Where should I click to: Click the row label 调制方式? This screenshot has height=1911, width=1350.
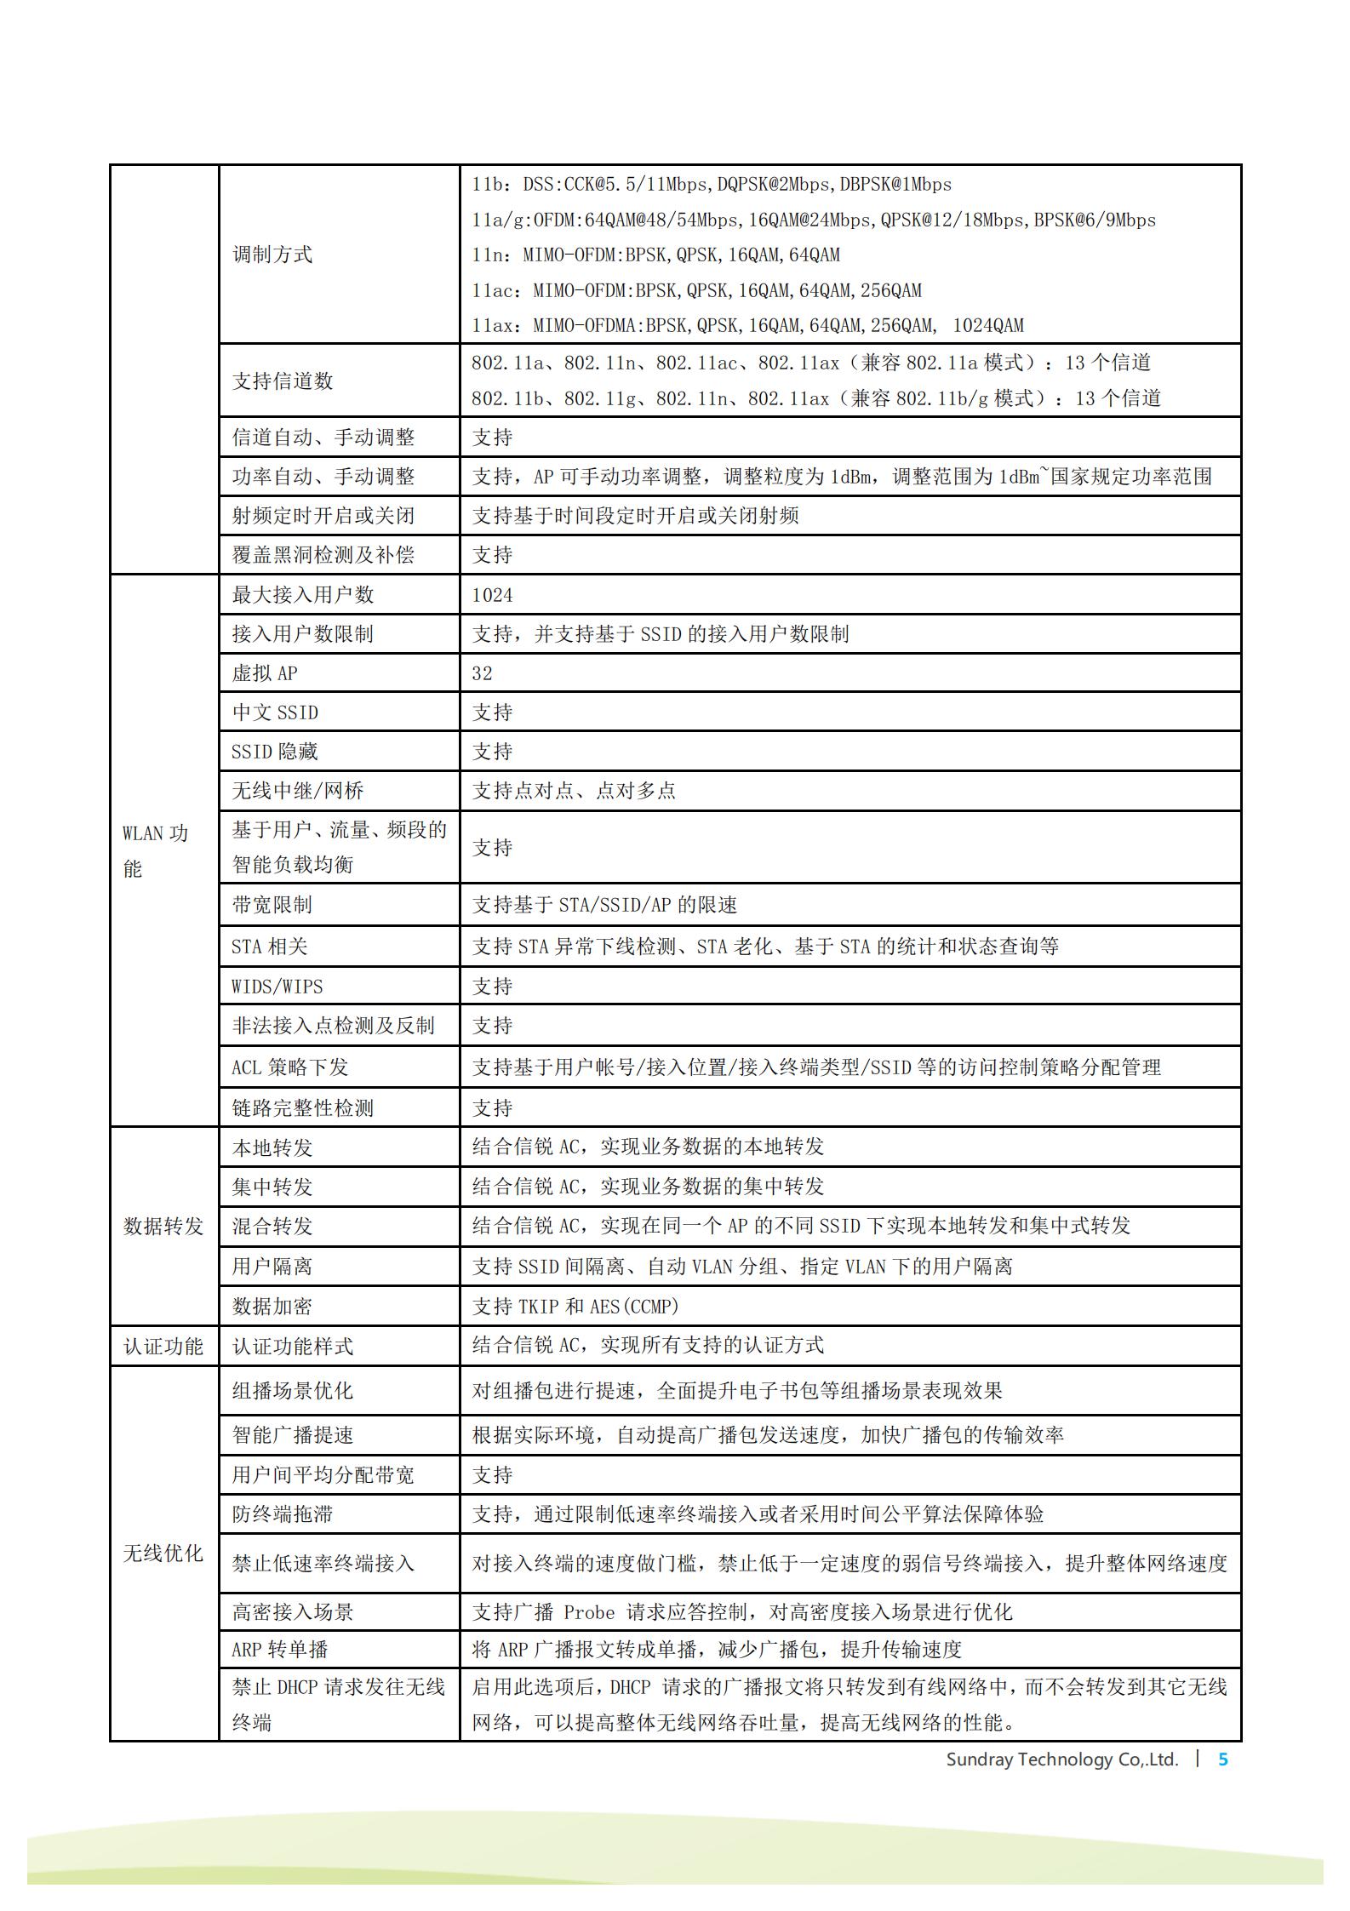[272, 255]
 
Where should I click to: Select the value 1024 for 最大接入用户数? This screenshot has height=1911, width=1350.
[492, 595]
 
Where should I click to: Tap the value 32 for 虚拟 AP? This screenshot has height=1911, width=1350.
[482, 673]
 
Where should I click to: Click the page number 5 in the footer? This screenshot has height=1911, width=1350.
[1223, 1759]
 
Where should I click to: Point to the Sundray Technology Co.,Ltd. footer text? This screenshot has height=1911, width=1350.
[1061, 1759]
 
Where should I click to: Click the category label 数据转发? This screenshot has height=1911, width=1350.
[163, 1227]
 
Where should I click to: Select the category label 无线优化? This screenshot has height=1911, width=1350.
[163, 1553]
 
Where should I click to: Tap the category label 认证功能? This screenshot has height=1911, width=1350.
[163, 1347]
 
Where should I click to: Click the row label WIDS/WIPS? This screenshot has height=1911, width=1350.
[277, 987]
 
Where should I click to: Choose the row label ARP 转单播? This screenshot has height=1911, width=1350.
[280, 1650]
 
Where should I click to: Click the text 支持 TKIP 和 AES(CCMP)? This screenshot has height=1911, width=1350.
[575, 1307]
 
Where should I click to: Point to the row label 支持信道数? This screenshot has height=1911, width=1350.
[283, 380]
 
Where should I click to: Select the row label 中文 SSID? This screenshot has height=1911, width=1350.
[275, 712]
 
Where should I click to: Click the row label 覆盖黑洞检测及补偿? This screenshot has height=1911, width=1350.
[323, 555]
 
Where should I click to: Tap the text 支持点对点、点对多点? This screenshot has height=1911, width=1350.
[574, 791]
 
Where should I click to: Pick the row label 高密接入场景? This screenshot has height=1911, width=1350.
[293, 1611]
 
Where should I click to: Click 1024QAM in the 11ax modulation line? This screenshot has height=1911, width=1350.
[988, 325]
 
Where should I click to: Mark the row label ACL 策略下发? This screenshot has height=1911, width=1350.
[290, 1067]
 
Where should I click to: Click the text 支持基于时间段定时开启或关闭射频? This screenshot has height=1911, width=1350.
[635, 516]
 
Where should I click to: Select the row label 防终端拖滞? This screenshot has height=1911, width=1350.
[283, 1514]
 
